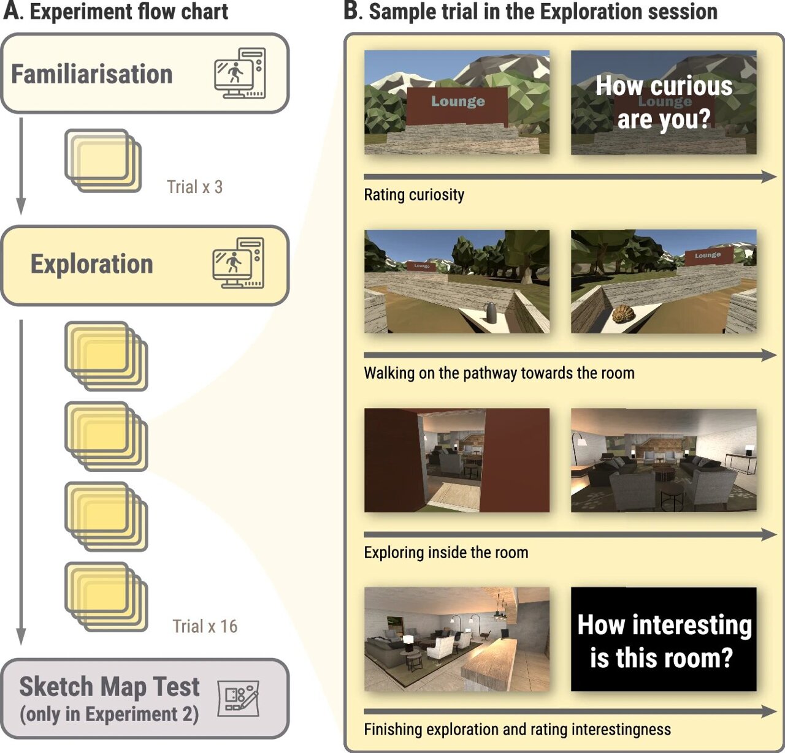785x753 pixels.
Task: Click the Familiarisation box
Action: tap(145, 74)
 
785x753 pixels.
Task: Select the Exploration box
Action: tap(145, 265)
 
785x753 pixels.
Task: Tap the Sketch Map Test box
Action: tap(145, 699)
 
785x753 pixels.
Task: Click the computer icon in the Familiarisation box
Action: tap(240, 74)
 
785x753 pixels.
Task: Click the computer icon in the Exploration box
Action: tap(239, 263)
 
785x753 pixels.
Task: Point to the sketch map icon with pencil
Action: tap(239, 698)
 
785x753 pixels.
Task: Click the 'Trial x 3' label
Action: tap(194, 187)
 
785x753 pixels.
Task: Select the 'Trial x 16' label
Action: tap(205, 626)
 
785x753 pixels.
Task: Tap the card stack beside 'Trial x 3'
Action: tap(103, 161)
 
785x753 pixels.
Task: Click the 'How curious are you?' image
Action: tap(664, 102)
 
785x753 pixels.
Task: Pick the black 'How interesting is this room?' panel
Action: tap(664, 639)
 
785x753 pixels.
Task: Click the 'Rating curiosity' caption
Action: tap(414, 195)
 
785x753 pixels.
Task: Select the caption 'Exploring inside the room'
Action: tap(446, 553)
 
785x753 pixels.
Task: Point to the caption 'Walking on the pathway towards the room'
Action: tap(499, 373)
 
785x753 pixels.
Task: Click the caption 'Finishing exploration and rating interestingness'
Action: tap(517, 729)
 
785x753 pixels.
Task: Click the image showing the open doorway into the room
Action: tap(457, 460)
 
